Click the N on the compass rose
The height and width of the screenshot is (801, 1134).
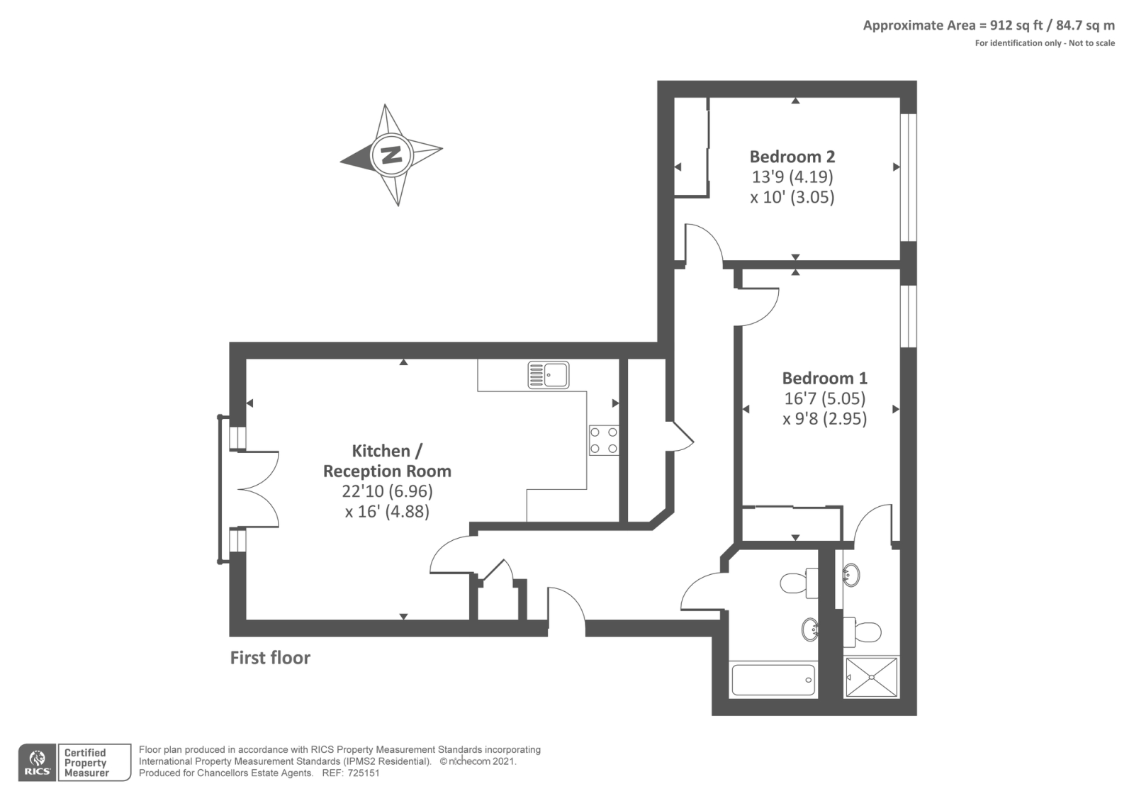[391, 154]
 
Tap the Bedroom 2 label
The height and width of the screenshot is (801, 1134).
[792, 157]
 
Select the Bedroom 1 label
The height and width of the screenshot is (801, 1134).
[825, 379]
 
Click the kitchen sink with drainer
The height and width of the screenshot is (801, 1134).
[549, 375]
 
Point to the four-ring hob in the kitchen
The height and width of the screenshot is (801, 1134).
[604, 440]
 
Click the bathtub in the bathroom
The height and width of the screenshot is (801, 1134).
[773, 680]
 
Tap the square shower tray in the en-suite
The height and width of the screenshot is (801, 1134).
[871, 677]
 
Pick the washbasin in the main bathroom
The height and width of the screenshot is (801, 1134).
[810, 630]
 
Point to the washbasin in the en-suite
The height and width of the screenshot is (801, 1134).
[851, 575]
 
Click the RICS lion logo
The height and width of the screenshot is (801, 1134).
[38, 762]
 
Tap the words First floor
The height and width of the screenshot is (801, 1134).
[270, 658]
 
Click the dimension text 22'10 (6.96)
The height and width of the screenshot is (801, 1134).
[387, 491]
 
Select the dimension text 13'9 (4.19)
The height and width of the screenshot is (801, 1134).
[792, 177]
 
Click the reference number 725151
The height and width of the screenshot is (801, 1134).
[364, 773]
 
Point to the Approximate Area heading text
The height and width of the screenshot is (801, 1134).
[989, 26]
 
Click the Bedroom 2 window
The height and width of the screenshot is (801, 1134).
[909, 177]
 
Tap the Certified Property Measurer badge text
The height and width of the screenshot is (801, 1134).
[86, 763]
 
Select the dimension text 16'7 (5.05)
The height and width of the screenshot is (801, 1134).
[825, 398]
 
